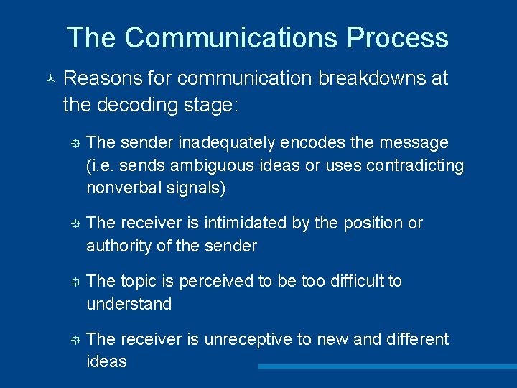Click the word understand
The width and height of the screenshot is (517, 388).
coord(129,304)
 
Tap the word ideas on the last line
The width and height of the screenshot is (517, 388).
coord(106,361)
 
